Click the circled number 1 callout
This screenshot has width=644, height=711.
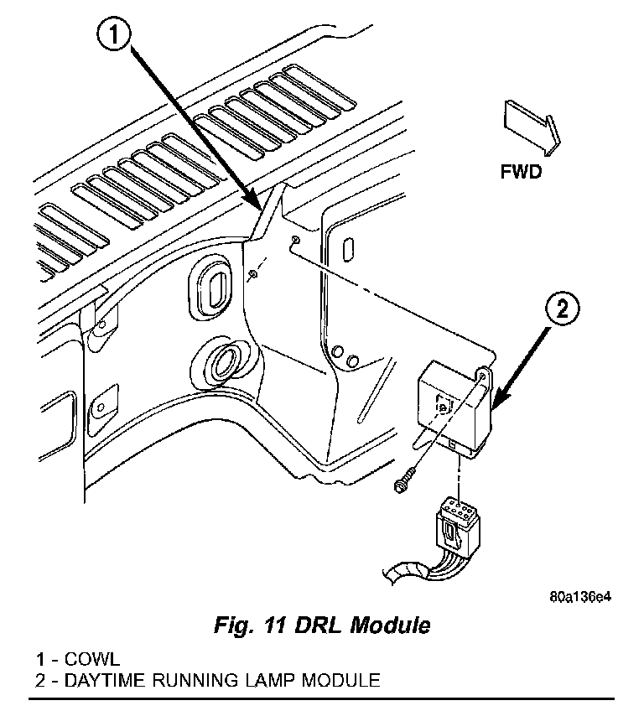coord(113,35)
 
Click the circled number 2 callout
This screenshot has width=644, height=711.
coord(563,309)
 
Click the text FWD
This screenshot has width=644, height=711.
coord(521,172)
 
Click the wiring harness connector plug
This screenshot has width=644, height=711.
coord(457,527)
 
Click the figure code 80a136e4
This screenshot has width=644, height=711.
coord(580,597)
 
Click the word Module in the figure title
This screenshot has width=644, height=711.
coord(390,625)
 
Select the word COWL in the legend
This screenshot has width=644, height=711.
coord(92,659)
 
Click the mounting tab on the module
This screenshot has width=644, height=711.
coord(484,378)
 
